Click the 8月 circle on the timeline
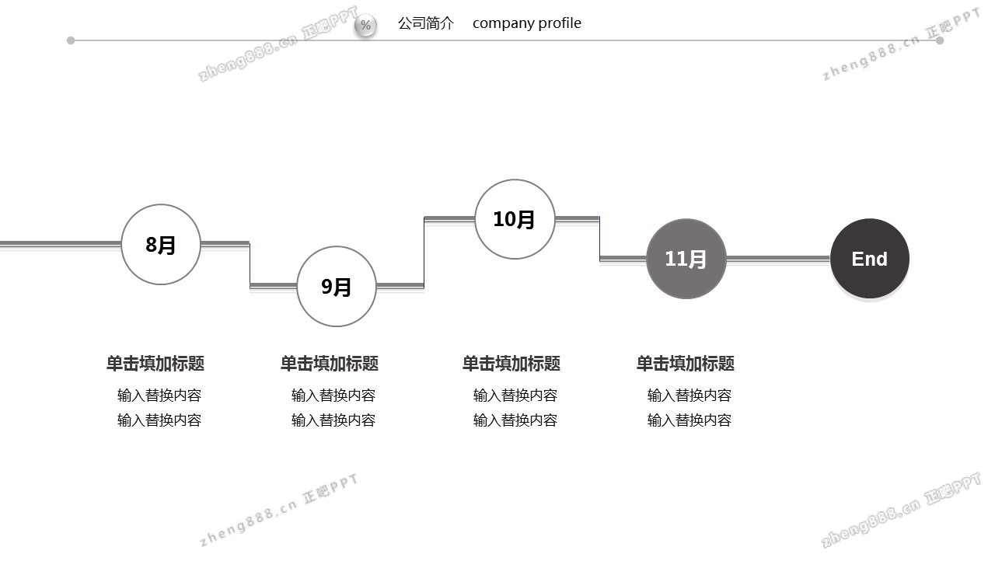tap(161, 245)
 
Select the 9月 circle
tap(337, 287)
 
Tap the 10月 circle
tap(515, 219)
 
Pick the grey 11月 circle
tap(686, 259)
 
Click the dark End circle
tap(869, 259)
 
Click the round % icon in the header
tap(365, 26)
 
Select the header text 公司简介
tap(425, 23)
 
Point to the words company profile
tap(526, 23)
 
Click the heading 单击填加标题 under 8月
tap(155, 364)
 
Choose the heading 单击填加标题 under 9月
tap(330, 364)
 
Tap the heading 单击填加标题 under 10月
tap(511, 364)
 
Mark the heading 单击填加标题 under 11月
tap(686, 364)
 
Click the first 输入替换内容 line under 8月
tap(159, 396)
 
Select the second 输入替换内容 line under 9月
tap(333, 420)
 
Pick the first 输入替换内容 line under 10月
tap(515, 396)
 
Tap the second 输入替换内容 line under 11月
tap(690, 420)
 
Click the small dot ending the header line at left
tap(71, 40)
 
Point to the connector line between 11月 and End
tap(777, 258)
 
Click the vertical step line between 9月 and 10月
tap(424, 253)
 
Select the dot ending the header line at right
tap(940, 40)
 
